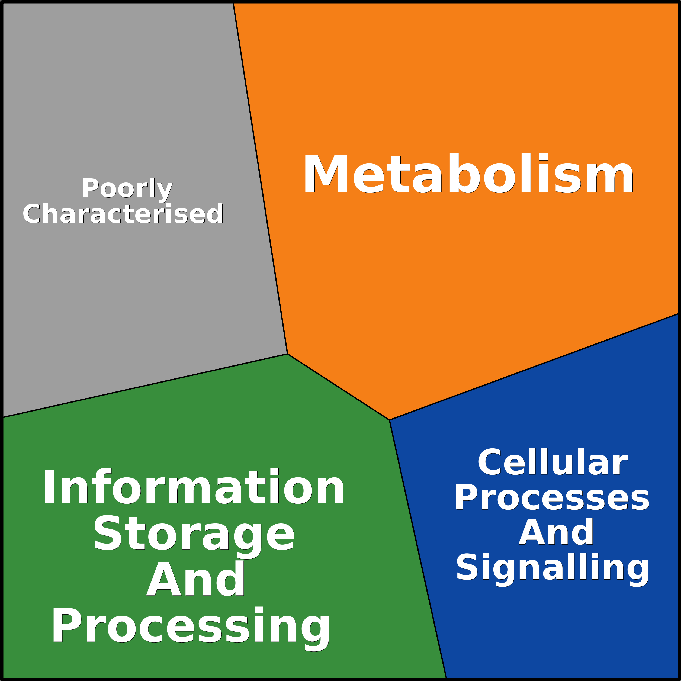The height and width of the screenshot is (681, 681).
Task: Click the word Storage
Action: (x=194, y=537)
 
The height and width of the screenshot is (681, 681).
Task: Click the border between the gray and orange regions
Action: (x=261, y=178)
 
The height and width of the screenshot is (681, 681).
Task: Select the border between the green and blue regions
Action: (x=418, y=550)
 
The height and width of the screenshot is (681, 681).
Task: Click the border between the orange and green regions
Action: (x=338, y=387)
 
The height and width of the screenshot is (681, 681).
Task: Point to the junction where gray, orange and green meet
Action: (x=288, y=354)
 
